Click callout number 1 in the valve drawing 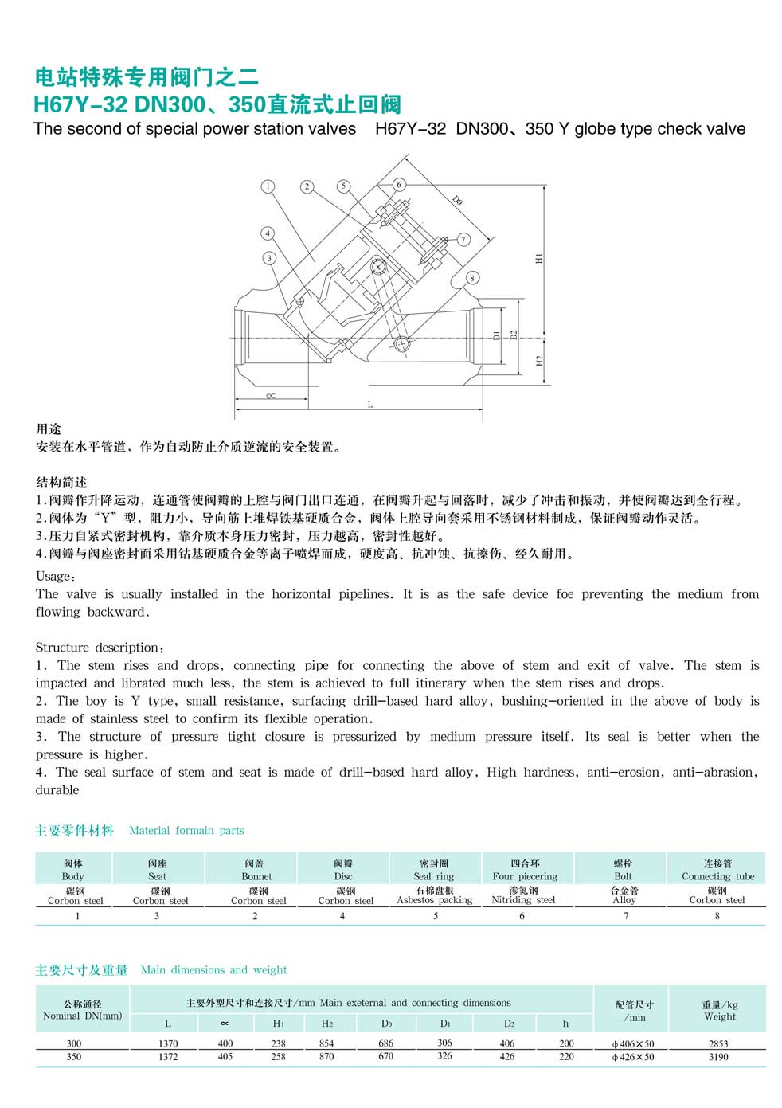268,186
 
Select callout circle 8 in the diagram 472,278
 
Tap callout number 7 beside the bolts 463,239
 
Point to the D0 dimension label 457,201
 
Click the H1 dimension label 539,259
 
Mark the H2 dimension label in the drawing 539,361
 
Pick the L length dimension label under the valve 370,405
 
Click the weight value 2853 718,1043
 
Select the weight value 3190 718,1057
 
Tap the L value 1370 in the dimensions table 168,1043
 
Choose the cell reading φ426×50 633,1057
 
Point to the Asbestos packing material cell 435,900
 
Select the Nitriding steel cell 523,900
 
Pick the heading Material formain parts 186,830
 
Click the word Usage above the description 53,576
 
